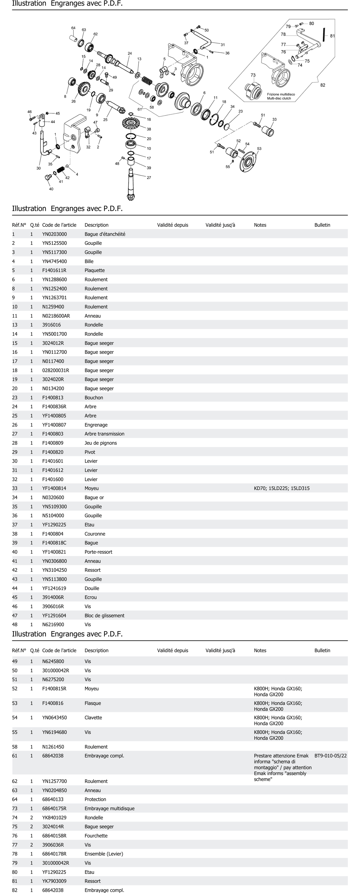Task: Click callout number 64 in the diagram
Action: click(x=73, y=28)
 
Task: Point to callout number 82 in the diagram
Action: click(x=323, y=85)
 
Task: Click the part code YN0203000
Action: click(x=54, y=234)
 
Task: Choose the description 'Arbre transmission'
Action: click(x=104, y=434)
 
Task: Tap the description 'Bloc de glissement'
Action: click(x=104, y=615)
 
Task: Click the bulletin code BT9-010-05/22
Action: click(x=330, y=755)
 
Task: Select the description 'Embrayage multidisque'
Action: click(x=109, y=808)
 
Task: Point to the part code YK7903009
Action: click(x=54, y=881)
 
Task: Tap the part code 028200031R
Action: click(x=55, y=370)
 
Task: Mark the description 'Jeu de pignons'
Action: click(x=101, y=443)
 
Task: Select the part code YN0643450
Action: click(x=54, y=718)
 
